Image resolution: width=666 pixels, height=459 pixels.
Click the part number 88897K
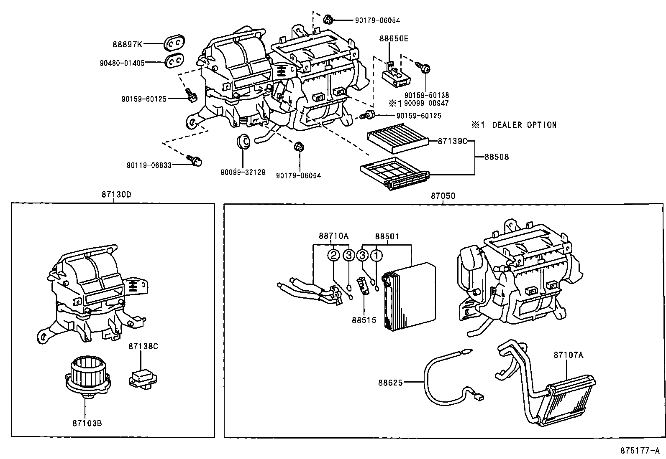pyautogui.click(x=128, y=44)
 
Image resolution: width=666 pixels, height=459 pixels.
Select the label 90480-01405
pyautogui.click(x=122, y=63)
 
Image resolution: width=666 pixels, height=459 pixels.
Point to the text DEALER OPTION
pyautogui.click(x=524, y=125)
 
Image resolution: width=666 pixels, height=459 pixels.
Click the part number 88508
pyautogui.click(x=497, y=157)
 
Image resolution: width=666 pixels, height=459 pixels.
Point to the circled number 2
pyautogui.click(x=333, y=255)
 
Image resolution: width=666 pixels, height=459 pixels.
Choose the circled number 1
pyautogui.click(x=377, y=255)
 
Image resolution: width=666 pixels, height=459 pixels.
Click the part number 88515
pyautogui.click(x=364, y=320)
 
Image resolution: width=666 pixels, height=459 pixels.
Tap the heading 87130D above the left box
pyautogui.click(x=113, y=195)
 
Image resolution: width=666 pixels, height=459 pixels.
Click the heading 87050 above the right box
pyautogui.click(x=443, y=195)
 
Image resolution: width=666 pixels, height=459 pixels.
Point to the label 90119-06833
pyautogui.click(x=149, y=165)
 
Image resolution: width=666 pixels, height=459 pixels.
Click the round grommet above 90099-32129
pyautogui.click(x=243, y=141)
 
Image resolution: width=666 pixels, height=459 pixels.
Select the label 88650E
pyautogui.click(x=394, y=39)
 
